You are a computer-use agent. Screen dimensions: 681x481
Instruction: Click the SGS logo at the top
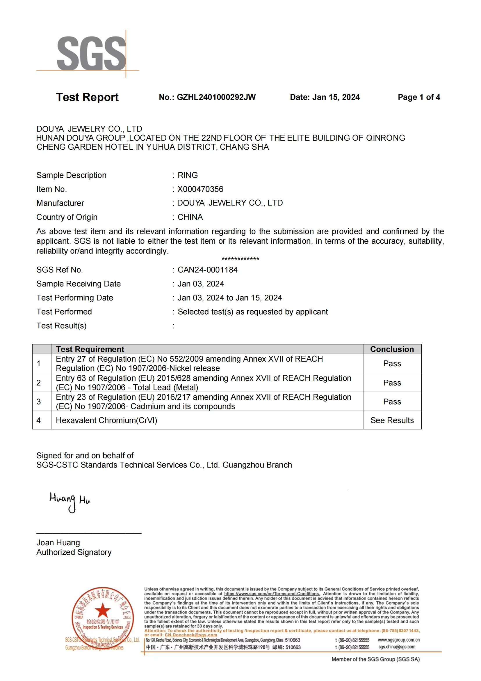[91, 53]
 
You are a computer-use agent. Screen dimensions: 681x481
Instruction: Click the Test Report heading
[87, 97]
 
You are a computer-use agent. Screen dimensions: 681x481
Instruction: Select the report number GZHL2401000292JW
[216, 97]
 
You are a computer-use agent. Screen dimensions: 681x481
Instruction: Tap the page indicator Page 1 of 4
[418, 97]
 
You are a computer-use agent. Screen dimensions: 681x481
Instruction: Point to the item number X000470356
[200, 189]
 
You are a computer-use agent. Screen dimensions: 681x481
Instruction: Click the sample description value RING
[188, 175]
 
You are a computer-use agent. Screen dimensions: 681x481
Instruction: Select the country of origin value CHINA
[190, 217]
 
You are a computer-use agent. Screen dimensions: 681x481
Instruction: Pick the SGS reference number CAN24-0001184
[207, 270]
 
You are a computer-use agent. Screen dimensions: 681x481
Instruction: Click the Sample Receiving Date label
[79, 284]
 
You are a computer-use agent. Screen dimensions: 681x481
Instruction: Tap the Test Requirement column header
[90, 349]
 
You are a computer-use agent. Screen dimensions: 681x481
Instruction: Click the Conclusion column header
[392, 349]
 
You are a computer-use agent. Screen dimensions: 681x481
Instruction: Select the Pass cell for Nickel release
[392, 364]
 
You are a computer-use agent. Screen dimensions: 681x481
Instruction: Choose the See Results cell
[392, 420]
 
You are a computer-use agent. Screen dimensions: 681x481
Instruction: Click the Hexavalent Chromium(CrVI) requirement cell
[107, 420]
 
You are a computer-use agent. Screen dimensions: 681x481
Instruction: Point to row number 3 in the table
[39, 401]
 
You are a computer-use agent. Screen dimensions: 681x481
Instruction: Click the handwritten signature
[70, 501]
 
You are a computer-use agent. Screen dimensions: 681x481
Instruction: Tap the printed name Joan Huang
[58, 543]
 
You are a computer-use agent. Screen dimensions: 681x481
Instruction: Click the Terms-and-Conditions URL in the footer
[272, 594]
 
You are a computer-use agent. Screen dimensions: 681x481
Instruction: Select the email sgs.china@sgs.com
[397, 647]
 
